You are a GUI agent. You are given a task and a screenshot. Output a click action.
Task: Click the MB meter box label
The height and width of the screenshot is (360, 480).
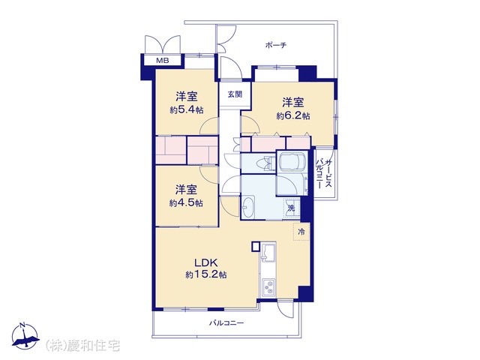point(163,61)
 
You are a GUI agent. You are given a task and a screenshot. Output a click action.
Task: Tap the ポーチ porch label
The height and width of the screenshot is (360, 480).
point(276,46)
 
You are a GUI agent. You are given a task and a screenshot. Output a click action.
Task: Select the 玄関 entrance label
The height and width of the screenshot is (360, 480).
point(235,94)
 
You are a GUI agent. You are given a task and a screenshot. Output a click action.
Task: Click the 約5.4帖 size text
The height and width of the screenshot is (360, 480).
point(187,110)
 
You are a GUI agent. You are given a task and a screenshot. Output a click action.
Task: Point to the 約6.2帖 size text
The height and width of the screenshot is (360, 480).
point(293,115)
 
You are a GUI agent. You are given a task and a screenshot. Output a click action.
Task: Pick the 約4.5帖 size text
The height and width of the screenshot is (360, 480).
point(186,203)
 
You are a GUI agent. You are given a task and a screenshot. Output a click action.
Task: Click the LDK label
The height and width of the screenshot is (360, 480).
point(206,262)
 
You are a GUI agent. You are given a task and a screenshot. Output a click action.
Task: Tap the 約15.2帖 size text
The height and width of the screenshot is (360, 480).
point(206,274)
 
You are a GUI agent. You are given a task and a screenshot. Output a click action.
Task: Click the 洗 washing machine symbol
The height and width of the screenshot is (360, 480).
point(292,208)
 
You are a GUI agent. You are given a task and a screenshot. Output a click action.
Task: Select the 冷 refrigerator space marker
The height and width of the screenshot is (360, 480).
point(301,232)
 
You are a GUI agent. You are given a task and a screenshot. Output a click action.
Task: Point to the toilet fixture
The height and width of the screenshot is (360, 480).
point(265,163)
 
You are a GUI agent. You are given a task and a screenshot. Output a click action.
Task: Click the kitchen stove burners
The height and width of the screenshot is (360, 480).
point(268,287)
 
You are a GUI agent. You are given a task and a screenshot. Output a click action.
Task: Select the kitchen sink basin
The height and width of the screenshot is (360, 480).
point(268,252)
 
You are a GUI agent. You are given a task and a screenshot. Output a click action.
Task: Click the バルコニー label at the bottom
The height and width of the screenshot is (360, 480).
point(226,323)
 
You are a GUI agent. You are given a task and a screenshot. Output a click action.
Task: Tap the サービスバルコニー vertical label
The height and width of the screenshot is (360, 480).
point(324,173)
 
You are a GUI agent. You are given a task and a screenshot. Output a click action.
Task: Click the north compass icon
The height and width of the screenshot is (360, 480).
point(25,335)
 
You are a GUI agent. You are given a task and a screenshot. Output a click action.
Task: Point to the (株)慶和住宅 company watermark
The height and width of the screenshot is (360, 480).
point(82,346)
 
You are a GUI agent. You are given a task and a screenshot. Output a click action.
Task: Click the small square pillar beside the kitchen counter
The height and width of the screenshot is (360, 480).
point(256,247)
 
